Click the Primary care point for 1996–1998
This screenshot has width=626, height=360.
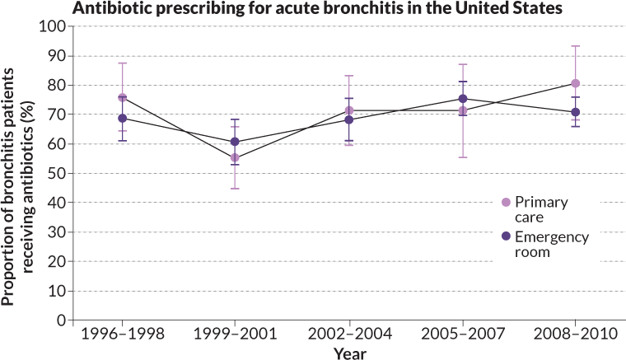123,97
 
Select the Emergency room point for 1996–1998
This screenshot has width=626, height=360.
123,118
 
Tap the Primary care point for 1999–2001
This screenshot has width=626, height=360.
236,157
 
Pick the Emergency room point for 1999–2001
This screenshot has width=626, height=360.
236,142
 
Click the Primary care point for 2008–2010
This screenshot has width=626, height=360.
576,83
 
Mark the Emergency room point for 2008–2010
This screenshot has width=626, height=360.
576,112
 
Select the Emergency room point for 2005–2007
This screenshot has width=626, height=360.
462,99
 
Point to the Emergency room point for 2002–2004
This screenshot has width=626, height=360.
349,119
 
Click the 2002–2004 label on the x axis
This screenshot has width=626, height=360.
349,334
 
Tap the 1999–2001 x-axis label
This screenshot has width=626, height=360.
236,334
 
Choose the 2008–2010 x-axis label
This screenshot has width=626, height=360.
575,334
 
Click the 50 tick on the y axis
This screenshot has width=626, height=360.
57,173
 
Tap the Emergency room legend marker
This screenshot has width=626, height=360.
506,236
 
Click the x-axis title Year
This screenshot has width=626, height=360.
348,353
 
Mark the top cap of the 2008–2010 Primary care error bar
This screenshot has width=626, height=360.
576,46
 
